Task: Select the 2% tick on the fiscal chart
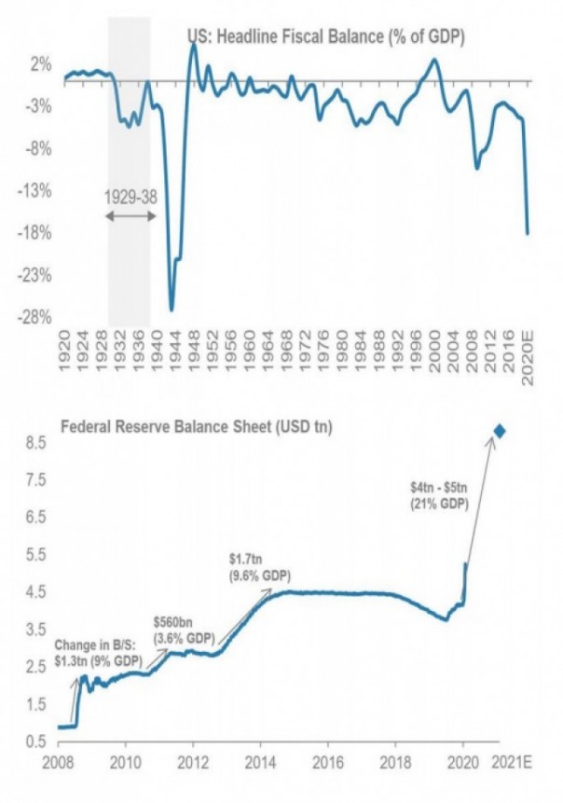coord(41,64)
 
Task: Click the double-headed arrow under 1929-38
coord(130,216)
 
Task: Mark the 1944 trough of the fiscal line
coord(172,310)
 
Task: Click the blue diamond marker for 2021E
coord(500,430)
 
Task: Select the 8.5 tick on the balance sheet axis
coord(35,443)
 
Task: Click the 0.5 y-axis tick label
coord(35,741)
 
